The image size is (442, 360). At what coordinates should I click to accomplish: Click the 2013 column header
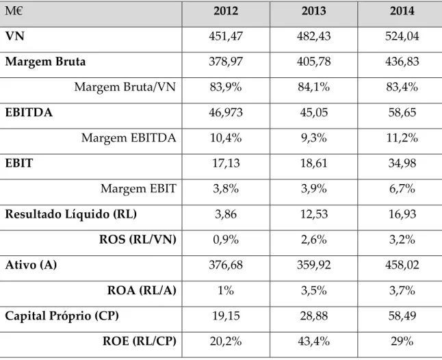314,11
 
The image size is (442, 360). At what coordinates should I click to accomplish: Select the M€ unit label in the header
14,11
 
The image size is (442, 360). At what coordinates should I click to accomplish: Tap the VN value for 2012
226,36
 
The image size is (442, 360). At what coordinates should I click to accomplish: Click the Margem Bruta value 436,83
402,62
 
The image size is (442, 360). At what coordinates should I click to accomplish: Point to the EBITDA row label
29,112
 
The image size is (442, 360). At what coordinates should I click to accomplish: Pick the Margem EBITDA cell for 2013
314,138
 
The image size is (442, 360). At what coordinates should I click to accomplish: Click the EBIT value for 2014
402,163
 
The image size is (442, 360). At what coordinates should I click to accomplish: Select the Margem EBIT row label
138,189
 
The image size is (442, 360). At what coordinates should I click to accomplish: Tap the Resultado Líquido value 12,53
314,214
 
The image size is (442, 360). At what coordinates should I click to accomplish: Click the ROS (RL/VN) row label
138,240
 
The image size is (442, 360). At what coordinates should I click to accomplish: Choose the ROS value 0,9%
226,240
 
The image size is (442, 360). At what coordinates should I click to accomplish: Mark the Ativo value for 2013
314,265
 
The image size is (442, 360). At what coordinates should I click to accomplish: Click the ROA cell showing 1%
226,290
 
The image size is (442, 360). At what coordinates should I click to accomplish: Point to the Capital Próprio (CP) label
62,316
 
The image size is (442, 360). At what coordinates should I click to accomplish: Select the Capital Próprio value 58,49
402,316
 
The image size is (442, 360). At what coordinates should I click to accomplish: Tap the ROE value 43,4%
314,342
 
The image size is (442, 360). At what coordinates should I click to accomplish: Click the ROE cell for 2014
402,342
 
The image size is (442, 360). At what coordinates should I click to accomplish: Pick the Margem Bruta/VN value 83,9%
226,87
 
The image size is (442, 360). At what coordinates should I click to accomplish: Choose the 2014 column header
402,11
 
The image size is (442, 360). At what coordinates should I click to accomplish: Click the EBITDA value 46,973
226,112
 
